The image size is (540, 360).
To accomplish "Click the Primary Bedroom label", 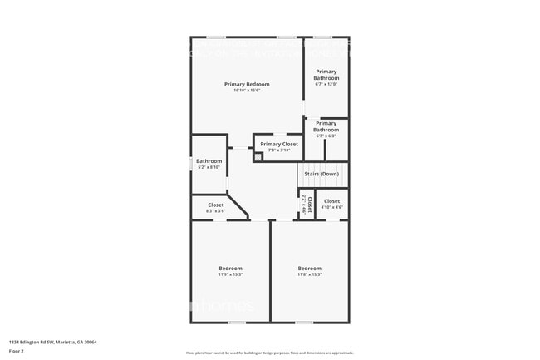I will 247,84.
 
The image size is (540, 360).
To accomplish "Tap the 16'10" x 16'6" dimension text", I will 247,91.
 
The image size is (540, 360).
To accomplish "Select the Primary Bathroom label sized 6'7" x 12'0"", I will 326,75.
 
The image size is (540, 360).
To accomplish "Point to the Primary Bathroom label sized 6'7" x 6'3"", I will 326,126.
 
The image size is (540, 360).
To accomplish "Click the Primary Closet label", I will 278,144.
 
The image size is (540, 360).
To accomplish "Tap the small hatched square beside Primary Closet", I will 258,155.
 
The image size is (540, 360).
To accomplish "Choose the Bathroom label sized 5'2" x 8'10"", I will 209,161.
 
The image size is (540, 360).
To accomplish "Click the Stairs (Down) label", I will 323,174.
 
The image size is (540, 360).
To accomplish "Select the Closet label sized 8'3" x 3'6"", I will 215,205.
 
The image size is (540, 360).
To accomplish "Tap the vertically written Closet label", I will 309,205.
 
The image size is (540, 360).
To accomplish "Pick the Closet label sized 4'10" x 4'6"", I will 331,201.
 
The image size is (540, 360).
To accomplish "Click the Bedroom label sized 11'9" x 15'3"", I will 230,268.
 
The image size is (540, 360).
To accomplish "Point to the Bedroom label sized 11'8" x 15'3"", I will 309,268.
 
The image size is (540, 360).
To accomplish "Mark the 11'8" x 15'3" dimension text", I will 309,274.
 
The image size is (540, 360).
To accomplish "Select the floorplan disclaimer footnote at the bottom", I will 269,353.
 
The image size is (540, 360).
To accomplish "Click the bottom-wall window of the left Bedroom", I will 238,323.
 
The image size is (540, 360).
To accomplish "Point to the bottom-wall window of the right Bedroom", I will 304,323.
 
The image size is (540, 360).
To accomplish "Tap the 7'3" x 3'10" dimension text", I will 278,150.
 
